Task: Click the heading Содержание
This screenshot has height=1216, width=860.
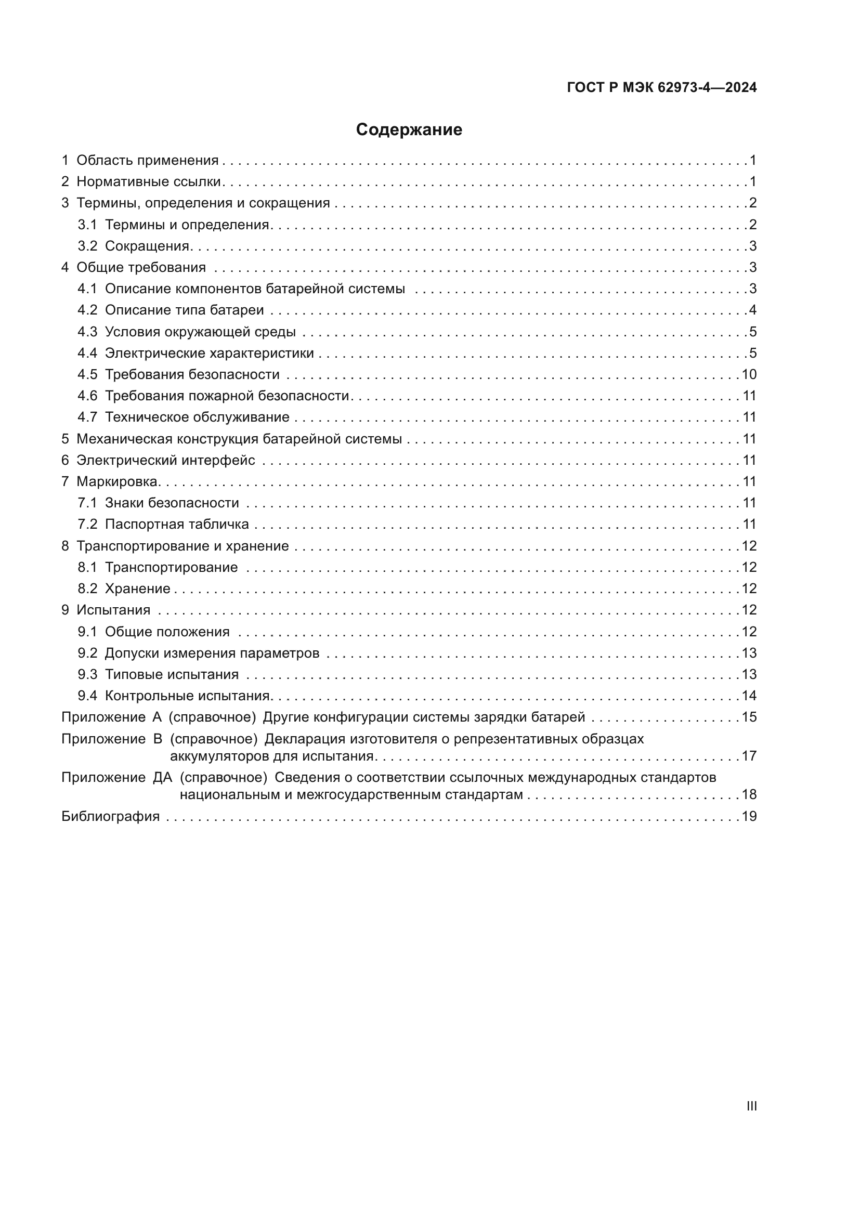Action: [409, 130]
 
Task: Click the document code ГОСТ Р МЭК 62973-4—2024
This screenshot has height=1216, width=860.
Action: [661, 87]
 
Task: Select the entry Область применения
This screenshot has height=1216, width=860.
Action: [147, 161]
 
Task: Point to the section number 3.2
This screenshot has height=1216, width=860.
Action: [87, 246]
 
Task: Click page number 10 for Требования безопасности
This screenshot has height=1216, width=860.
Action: [749, 375]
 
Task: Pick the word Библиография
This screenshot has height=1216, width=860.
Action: [110, 816]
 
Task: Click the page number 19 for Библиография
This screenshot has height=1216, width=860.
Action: [749, 816]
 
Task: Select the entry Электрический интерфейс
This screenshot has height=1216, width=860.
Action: [165, 460]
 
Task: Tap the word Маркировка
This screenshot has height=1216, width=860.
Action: [118, 482]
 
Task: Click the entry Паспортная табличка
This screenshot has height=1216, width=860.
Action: [176, 525]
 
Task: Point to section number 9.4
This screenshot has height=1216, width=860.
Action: [87, 696]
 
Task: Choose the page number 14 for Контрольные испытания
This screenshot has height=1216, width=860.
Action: [749, 696]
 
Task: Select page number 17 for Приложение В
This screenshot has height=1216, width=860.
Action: [749, 756]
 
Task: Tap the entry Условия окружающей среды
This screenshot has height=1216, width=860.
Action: [200, 332]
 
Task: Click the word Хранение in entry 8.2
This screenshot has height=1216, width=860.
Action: [137, 589]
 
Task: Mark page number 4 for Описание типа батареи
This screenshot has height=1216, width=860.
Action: [752, 310]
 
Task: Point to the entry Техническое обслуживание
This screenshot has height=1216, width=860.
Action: [197, 417]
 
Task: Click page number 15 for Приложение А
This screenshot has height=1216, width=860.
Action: [749, 717]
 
